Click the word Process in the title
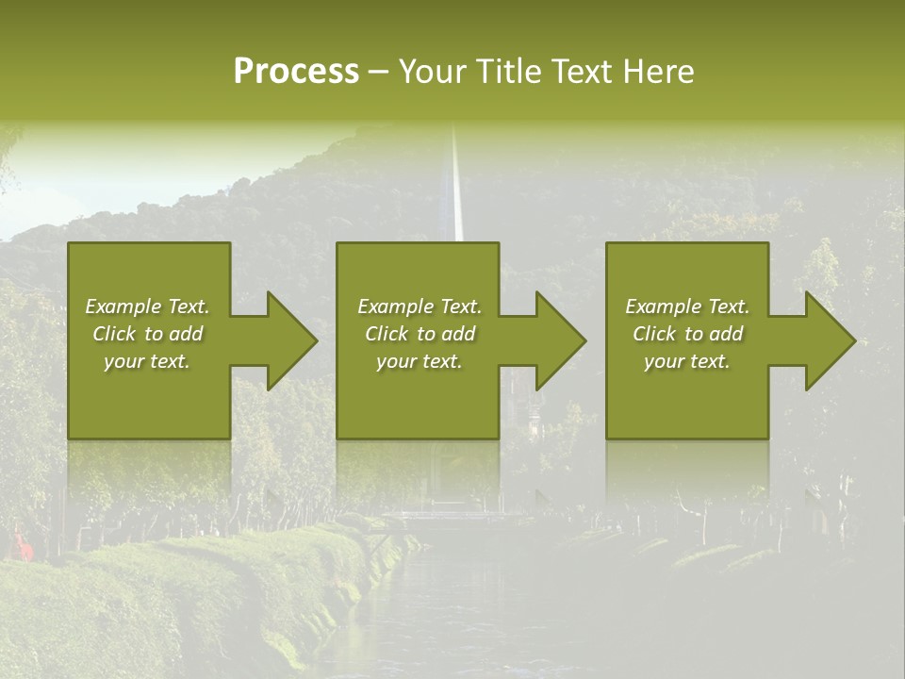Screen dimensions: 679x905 [x=296, y=72]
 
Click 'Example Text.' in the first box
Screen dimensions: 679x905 [x=147, y=306]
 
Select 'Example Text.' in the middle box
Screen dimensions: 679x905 [x=420, y=306]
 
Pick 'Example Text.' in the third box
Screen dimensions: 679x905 [x=687, y=306]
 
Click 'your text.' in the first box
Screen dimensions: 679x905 [x=147, y=361]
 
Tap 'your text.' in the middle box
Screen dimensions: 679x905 [x=420, y=361]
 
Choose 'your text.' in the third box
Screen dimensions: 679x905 [x=687, y=361]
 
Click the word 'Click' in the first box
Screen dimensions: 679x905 [x=114, y=334]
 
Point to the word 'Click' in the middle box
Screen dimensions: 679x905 [x=387, y=334]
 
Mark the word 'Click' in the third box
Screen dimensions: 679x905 [x=654, y=334]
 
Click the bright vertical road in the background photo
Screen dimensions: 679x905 [x=457, y=189]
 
